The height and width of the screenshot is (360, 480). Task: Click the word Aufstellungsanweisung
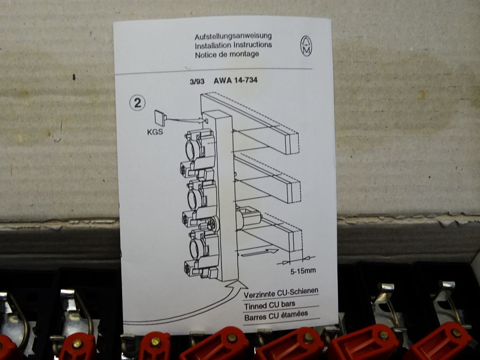(233, 37)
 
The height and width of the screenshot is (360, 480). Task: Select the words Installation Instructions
(233, 45)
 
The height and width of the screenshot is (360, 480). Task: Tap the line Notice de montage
(227, 54)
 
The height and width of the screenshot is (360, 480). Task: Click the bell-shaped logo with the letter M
(306, 46)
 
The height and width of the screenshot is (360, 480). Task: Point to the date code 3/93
(197, 81)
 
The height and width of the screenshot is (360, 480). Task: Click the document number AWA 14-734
(235, 80)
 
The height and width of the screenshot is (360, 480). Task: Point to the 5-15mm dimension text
(302, 271)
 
